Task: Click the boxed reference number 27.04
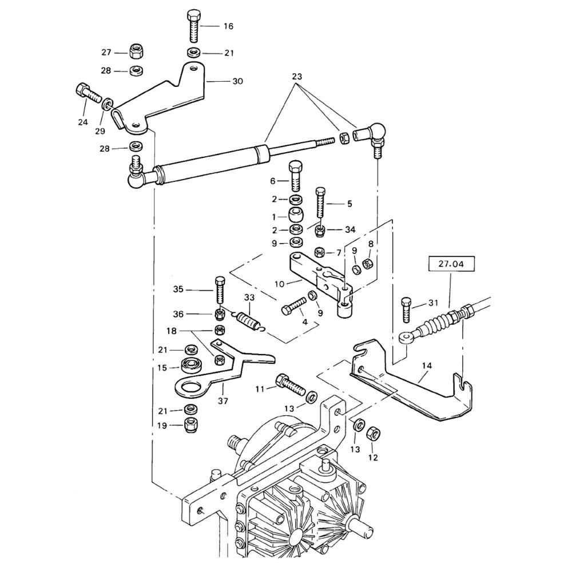pos(451,264)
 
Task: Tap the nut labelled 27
pos(136,50)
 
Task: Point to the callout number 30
pos(237,81)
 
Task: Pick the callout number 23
pos(297,77)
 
